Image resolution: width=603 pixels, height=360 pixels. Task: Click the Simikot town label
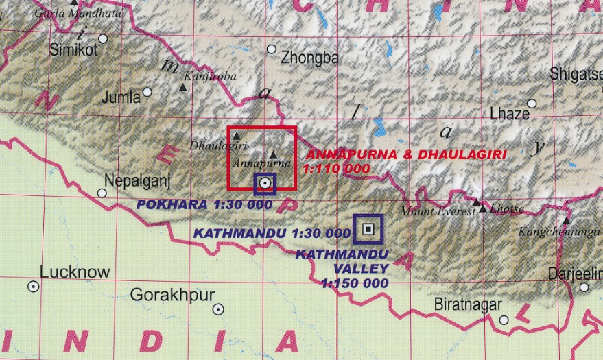pos(74,50)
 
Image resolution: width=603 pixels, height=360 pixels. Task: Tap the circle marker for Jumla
pos(147,91)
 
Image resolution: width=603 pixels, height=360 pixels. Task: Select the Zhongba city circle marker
pos(272,49)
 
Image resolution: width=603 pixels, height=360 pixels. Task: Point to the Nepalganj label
pos(137,180)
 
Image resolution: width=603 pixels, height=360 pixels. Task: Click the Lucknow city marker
pos(33,287)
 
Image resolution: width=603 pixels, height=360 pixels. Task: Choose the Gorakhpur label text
pos(172,295)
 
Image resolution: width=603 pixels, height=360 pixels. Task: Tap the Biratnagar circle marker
pos(504,320)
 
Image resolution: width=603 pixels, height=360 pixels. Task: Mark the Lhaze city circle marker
pos(532,104)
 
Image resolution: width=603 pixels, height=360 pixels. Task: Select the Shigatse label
pos(576,74)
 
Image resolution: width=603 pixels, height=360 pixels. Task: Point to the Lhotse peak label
pos(509,209)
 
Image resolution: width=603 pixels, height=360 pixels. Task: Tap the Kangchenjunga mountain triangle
pos(566,221)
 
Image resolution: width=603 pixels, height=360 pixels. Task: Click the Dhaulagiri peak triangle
pos(236,136)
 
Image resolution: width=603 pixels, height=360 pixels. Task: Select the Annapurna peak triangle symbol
pos(274,154)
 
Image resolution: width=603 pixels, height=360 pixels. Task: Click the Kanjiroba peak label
pos(209,77)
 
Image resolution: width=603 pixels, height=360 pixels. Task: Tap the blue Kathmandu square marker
pos(368,229)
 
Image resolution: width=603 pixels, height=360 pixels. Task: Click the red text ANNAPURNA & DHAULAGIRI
pos(405,155)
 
